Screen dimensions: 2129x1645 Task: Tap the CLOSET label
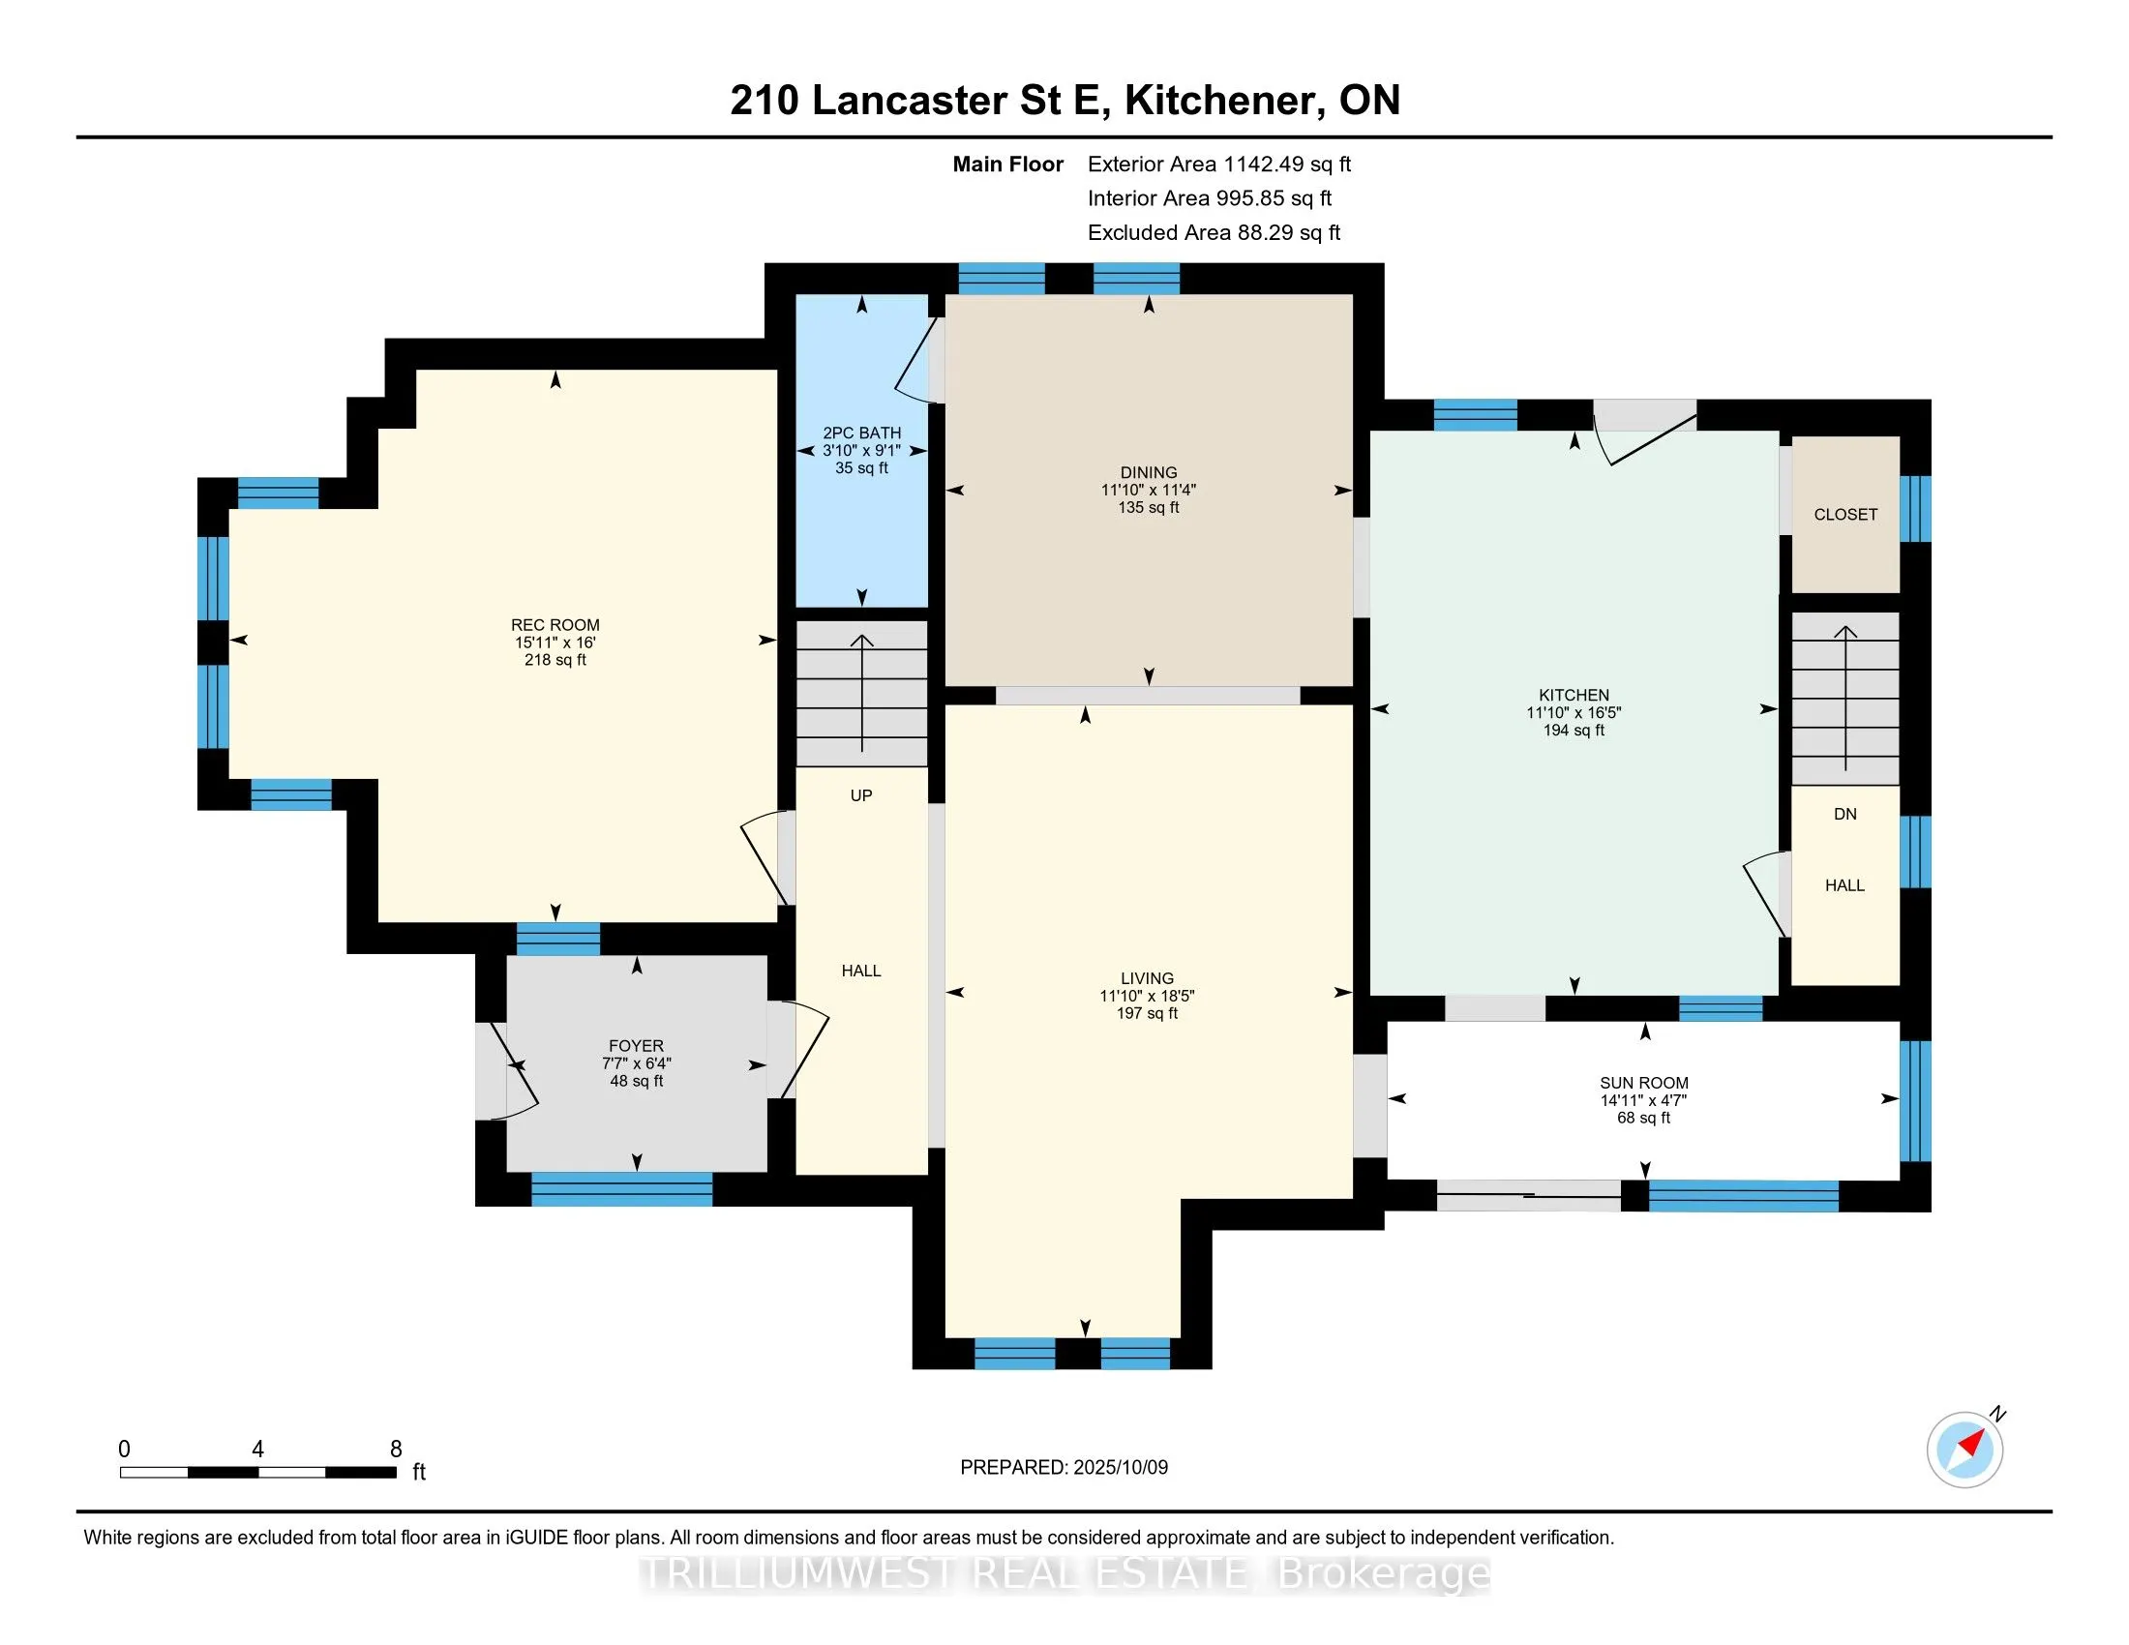point(1845,515)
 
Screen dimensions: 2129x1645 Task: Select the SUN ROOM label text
point(1643,1083)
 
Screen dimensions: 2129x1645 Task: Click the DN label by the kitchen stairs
point(1845,814)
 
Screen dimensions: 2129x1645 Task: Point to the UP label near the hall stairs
point(860,795)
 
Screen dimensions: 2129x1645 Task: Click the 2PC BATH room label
point(861,433)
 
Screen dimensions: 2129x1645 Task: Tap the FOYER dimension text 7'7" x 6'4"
point(637,1063)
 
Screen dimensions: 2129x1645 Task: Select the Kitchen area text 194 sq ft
point(1574,730)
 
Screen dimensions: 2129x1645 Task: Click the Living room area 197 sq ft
point(1148,1013)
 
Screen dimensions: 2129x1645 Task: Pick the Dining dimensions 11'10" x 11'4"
point(1149,491)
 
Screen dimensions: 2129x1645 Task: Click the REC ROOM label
point(555,625)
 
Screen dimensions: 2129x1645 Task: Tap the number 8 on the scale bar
point(396,1450)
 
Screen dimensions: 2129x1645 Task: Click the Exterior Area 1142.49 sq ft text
point(1219,164)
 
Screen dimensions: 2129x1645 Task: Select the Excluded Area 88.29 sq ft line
point(1214,232)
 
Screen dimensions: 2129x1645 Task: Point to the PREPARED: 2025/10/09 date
point(1064,1468)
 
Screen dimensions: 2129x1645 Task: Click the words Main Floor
point(1008,164)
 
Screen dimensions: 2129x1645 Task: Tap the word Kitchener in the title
point(1225,100)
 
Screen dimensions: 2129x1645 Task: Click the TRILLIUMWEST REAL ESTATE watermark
point(1065,1573)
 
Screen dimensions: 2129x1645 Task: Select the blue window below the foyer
point(622,1190)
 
